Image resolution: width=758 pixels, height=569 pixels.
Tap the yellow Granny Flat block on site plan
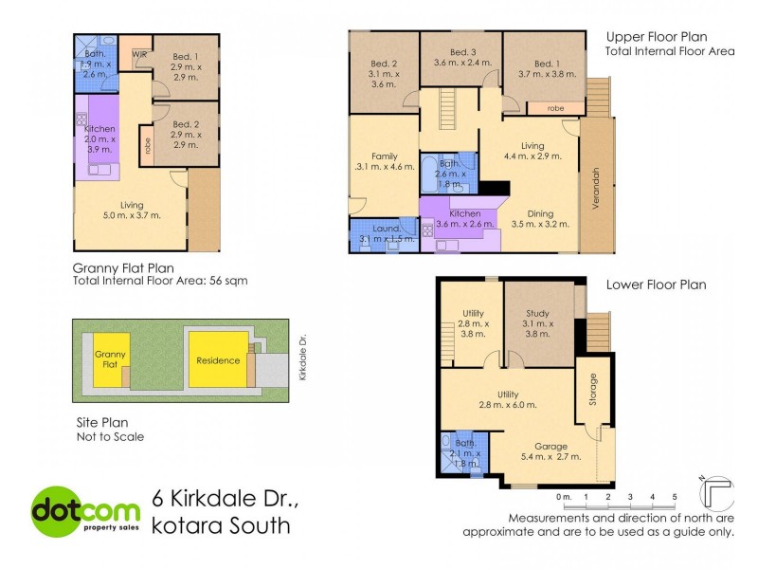coord(111,361)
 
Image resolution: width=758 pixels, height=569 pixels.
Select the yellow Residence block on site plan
coord(217,360)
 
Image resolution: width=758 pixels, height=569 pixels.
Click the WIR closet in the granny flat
coord(139,55)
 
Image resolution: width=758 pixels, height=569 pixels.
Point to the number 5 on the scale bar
coord(674,496)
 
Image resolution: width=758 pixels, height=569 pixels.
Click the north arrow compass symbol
coord(715,491)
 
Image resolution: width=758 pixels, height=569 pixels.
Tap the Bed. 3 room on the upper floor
coord(461,57)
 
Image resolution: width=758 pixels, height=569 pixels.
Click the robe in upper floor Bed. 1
coord(555,108)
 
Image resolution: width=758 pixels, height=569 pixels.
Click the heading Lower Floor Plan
coord(656,284)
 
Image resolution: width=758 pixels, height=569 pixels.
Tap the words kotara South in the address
coord(222,524)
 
